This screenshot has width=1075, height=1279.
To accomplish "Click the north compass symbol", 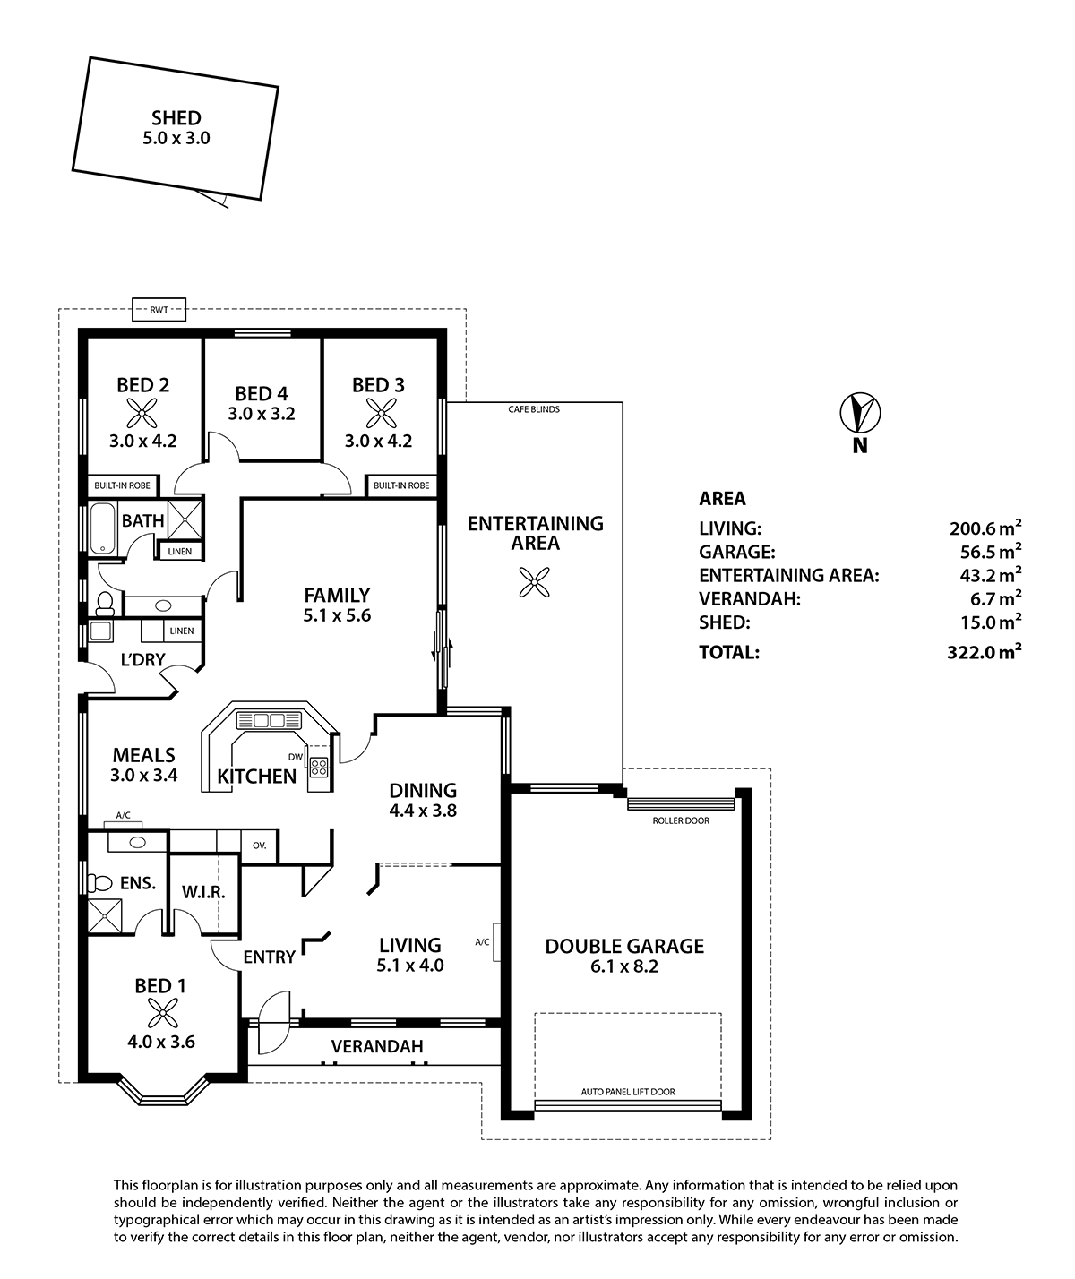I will tap(860, 413).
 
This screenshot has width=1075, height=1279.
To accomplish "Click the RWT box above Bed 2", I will tap(159, 310).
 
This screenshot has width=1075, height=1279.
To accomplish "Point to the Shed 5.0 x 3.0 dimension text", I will tap(176, 139).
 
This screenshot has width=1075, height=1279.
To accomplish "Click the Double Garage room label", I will tap(624, 946).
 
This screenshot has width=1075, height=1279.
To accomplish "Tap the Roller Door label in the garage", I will tap(681, 820).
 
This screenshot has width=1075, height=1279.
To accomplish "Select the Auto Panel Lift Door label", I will tap(628, 1092).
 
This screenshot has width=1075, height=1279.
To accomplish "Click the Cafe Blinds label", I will tap(534, 409).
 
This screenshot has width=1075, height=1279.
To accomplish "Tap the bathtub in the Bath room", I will tap(100, 528).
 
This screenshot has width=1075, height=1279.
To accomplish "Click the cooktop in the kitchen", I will tap(318, 767).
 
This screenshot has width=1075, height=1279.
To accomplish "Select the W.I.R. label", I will tap(203, 892).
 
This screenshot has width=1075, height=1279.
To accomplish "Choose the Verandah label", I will tap(377, 1046).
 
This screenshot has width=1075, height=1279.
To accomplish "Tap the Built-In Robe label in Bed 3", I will tap(401, 485).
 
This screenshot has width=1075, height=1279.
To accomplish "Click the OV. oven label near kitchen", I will tap(260, 845).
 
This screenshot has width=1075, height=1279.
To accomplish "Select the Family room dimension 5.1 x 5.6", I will tap(337, 615).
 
